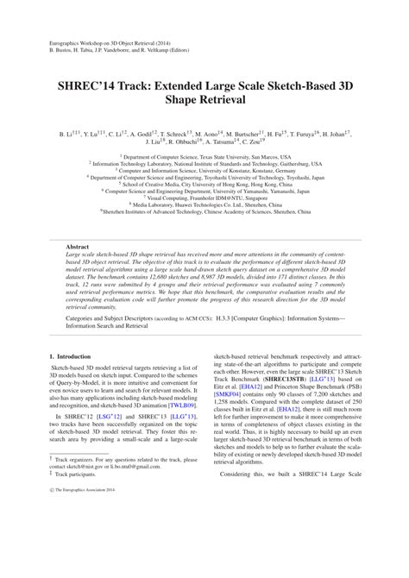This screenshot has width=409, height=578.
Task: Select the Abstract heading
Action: click(x=79, y=247)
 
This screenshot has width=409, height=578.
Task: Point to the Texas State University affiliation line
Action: click(x=204, y=159)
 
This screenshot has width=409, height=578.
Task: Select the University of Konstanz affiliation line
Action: click(x=204, y=171)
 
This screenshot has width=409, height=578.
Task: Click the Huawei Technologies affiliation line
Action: click(x=204, y=201)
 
